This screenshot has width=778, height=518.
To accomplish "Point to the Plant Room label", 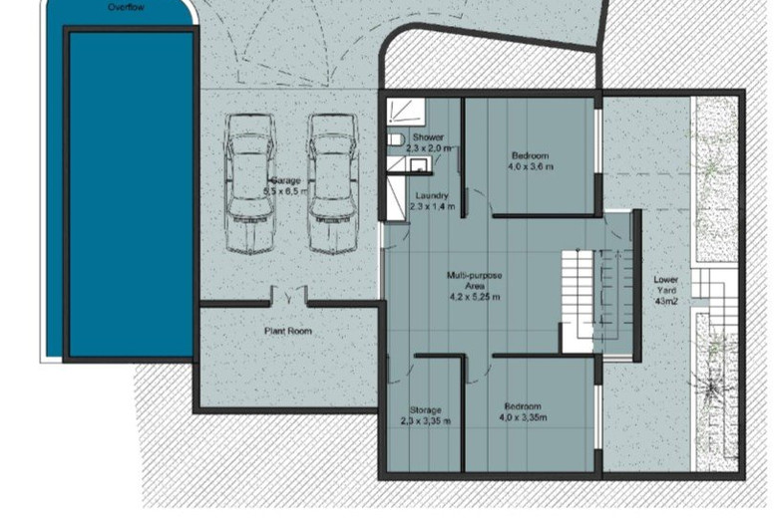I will [289, 331].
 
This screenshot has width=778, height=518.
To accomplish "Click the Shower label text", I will [428, 137].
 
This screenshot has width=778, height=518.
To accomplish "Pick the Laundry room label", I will [432, 195].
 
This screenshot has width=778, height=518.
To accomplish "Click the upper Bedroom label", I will [530, 155].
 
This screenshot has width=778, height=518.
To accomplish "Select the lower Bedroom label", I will [523, 406].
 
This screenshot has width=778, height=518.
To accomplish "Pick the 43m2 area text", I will [666, 300].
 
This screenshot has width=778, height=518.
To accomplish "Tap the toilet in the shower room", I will [394, 139].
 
